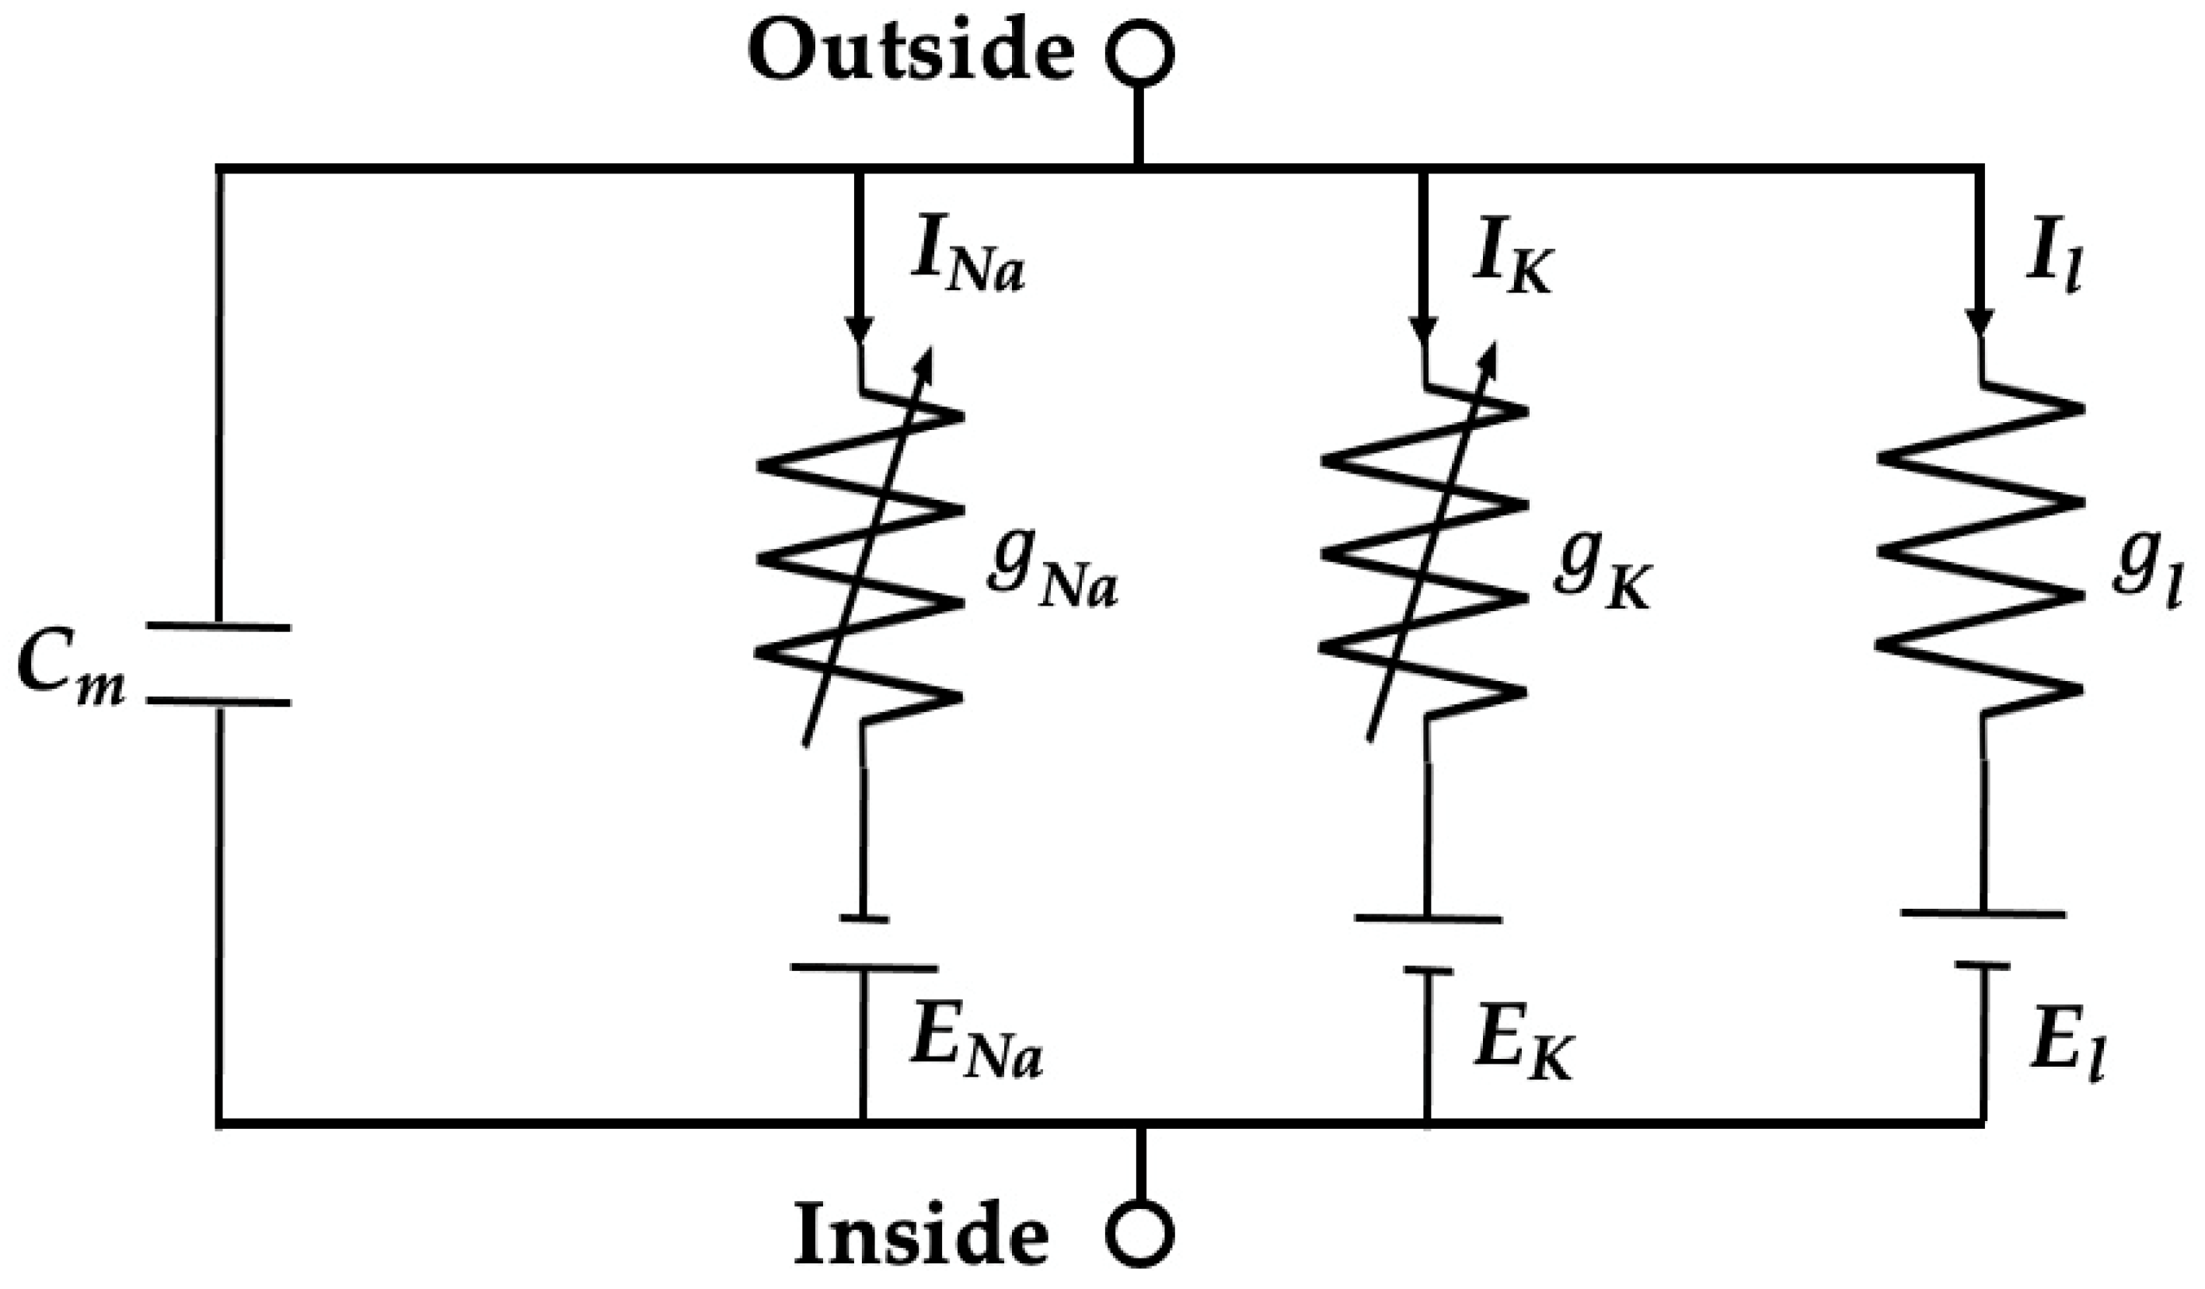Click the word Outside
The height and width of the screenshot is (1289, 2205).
[910, 53]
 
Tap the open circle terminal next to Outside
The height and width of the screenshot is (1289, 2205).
[1139, 54]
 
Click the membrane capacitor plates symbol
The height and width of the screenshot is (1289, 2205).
[218, 664]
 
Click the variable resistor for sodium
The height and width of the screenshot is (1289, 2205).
[862, 551]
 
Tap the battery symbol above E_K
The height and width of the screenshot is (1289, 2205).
[1428, 945]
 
